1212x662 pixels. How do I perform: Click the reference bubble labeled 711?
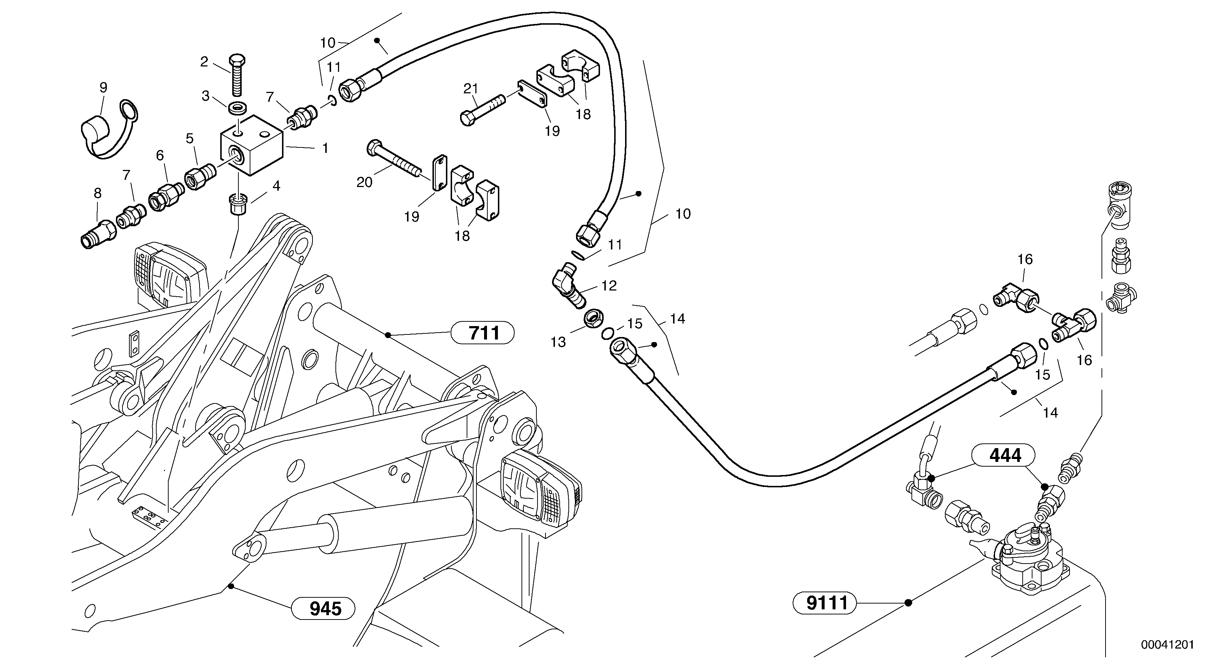pos(482,333)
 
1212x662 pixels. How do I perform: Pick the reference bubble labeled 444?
pos(1003,455)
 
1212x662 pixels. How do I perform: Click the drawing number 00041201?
pos(1167,644)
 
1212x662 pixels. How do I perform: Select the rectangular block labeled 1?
pos(252,146)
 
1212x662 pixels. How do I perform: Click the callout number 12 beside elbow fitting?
pos(609,285)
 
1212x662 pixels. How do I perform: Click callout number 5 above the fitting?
pos(190,138)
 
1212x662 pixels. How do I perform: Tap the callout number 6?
pos(160,155)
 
